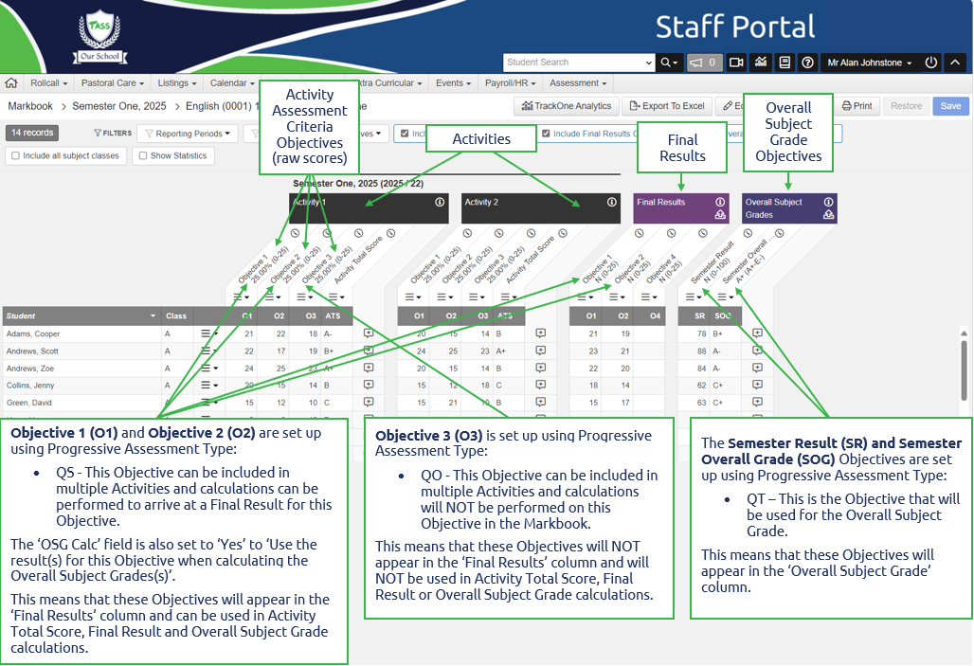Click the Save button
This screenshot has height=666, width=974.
950,106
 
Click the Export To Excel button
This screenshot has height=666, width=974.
667,106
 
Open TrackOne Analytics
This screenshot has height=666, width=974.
567,106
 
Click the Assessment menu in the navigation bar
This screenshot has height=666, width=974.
578,83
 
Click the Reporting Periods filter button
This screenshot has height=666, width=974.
189,134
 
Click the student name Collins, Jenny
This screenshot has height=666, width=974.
30,386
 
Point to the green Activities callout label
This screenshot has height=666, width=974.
481,139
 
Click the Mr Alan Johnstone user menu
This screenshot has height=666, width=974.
869,63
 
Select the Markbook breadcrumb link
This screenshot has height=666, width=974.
30,106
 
